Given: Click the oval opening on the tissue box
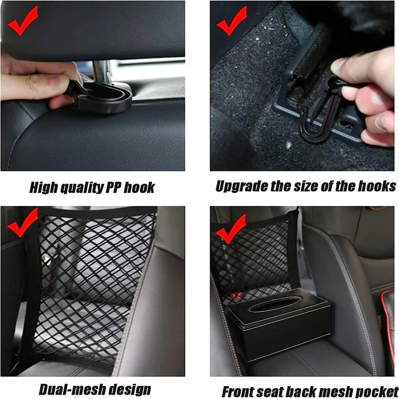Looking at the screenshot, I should (x=275, y=304).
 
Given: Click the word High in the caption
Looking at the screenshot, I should (x=44, y=188).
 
